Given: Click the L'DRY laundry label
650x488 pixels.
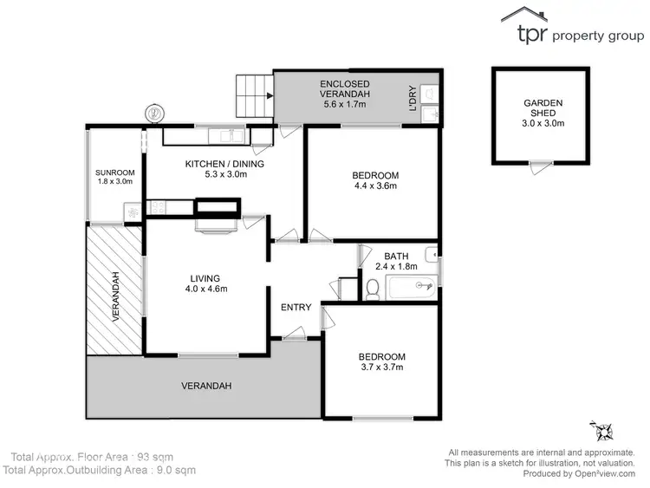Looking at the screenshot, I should point(413,97).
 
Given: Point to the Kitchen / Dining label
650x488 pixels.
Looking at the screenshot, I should point(224,164).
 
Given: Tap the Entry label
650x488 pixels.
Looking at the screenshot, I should point(296,308).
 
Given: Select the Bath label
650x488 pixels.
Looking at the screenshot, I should point(396,256).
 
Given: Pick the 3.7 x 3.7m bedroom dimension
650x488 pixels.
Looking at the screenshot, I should point(381,368).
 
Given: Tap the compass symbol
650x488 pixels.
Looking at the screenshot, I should point(601,430).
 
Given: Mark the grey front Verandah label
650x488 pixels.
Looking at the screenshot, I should point(205,385).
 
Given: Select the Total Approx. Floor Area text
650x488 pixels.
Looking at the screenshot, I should point(82,456).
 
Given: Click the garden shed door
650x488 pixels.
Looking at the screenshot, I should point(541,163).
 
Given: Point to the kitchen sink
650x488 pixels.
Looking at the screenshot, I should point(229,134).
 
